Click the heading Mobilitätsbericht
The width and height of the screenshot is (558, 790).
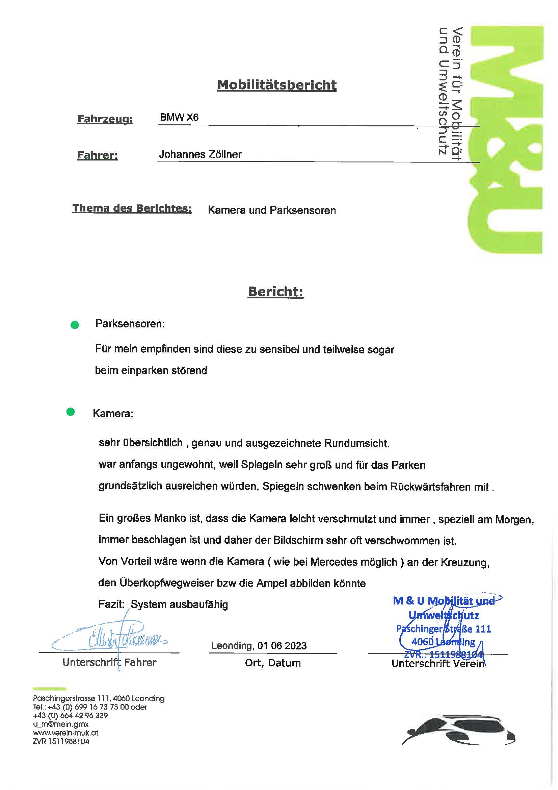coord(276,85)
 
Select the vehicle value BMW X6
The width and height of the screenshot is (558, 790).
coord(179,117)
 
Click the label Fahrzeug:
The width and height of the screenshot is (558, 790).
coord(105,119)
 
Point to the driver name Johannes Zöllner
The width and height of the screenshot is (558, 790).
coord(200,154)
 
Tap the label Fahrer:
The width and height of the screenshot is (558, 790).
coord(98,155)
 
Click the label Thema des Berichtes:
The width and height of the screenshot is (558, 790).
coord(132,208)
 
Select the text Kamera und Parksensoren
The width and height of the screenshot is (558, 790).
coord(272,210)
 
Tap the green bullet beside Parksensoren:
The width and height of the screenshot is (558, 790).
coord(75,325)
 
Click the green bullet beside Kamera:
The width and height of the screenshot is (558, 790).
coord(71,412)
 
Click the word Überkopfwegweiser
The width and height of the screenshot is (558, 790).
coord(166,583)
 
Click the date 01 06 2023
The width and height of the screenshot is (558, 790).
coord(282,645)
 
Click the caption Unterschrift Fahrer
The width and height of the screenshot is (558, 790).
coord(109,662)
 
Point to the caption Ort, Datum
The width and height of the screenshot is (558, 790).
coord(273,663)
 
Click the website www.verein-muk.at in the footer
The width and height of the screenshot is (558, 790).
coord(65,733)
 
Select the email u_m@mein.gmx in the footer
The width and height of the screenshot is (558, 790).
coord(60,724)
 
